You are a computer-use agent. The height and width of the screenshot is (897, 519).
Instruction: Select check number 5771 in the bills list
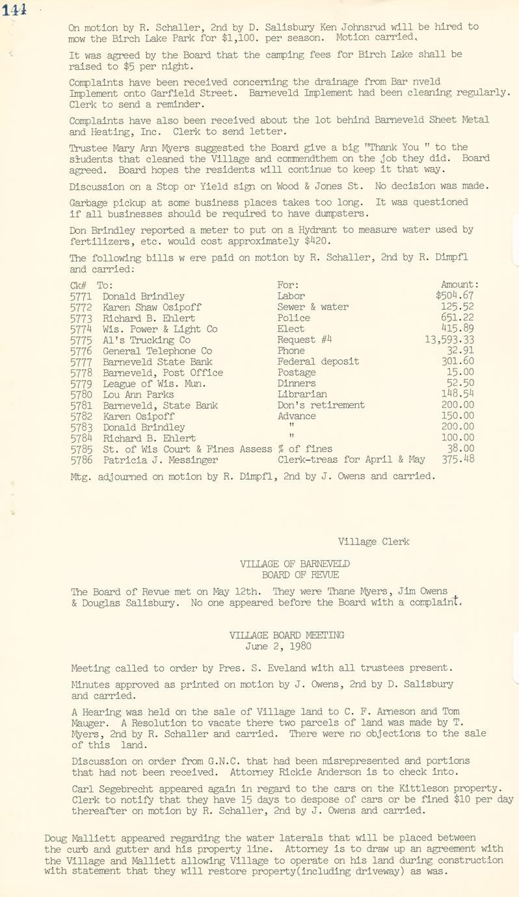(x=81, y=296)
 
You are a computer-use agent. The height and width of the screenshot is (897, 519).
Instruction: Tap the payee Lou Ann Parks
(x=138, y=395)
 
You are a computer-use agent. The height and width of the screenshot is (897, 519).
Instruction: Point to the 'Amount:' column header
(x=460, y=285)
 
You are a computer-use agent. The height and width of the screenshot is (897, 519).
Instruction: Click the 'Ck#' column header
(x=79, y=285)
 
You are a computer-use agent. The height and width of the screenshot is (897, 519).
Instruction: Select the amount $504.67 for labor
(x=455, y=296)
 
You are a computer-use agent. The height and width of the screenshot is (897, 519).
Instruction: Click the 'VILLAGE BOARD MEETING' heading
(x=287, y=635)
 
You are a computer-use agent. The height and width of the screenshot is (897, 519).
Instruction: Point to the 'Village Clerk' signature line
(x=373, y=541)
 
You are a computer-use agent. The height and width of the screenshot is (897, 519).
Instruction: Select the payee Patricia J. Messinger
(x=160, y=460)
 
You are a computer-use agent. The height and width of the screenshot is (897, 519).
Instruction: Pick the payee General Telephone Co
(x=157, y=351)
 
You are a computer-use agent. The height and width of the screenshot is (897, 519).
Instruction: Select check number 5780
(x=81, y=395)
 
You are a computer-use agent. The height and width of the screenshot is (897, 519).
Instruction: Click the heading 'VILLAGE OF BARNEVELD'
(x=295, y=564)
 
